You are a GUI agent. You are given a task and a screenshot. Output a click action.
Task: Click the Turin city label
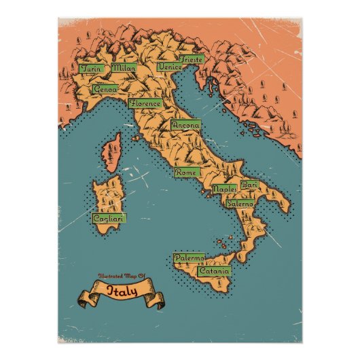pyautogui.click(x=90, y=69)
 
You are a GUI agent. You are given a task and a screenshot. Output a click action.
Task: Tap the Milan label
pyautogui.click(x=124, y=68)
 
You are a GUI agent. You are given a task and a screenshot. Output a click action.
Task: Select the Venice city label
pyautogui.click(x=169, y=67)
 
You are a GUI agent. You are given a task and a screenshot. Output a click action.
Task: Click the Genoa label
pyautogui.click(x=105, y=89)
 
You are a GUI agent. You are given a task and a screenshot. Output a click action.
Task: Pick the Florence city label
pyautogui.click(x=145, y=104)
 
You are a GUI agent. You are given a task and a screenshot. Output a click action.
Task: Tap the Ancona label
pyautogui.click(x=185, y=126)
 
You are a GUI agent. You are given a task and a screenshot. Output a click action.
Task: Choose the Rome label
pyautogui.click(x=186, y=173)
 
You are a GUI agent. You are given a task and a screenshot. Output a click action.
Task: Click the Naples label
pyautogui.click(x=224, y=189)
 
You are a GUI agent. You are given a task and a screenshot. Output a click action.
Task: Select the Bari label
pyautogui.click(x=249, y=185)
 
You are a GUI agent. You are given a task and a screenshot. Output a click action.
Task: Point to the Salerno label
pyautogui.click(x=240, y=203)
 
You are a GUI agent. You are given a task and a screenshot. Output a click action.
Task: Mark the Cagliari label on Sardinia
pyautogui.click(x=108, y=219)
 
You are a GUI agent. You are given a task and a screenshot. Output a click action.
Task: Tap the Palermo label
pyautogui.click(x=188, y=259)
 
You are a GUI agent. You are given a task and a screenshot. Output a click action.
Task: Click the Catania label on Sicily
pyautogui.click(x=215, y=271)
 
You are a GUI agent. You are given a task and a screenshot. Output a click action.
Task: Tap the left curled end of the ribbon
pyautogui.click(x=84, y=299)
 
